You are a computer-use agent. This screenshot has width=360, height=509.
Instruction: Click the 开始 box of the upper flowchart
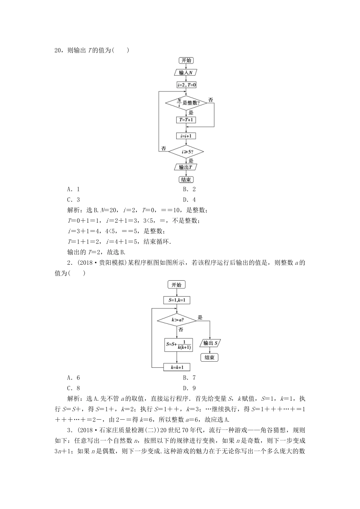click(x=186, y=61)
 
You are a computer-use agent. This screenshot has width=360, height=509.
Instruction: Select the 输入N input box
click(x=186, y=73)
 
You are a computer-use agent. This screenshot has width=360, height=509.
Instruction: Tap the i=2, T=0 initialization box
click(x=186, y=85)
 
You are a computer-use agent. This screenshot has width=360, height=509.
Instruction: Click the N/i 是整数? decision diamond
click(x=186, y=103)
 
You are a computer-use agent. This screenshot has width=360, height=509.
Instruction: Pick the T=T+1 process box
click(x=186, y=120)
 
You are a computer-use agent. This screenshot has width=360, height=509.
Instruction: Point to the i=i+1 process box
click(x=186, y=136)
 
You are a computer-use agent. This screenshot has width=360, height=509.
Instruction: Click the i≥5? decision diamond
click(x=186, y=152)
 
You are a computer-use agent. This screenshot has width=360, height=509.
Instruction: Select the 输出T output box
click(x=186, y=167)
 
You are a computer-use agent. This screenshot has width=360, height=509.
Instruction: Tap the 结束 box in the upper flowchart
click(x=186, y=180)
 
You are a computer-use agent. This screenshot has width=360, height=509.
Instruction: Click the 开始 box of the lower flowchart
click(x=177, y=285)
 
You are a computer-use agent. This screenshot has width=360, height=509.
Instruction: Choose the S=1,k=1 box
click(x=177, y=300)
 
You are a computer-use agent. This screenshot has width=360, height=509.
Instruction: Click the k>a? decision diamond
click(x=177, y=320)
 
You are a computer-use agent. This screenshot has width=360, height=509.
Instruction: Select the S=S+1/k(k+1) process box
click(x=177, y=345)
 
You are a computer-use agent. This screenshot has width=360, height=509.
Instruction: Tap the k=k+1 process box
click(x=177, y=367)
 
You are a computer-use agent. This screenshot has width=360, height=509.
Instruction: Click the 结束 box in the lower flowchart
click(x=210, y=358)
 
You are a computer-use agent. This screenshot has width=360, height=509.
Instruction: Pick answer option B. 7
click(x=189, y=378)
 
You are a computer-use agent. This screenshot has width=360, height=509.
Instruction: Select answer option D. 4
click(x=189, y=200)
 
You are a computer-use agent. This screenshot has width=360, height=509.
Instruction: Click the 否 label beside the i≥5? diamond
click(x=164, y=148)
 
